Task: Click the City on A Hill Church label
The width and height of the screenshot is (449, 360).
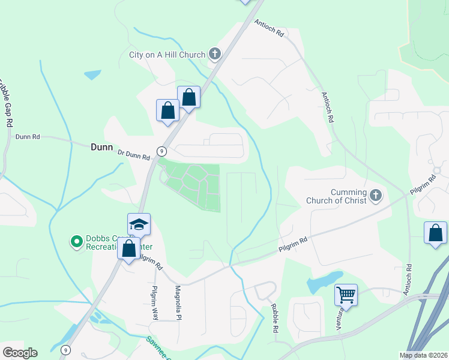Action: [x=167, y=55]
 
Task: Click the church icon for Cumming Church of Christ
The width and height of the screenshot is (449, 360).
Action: [x=376, y=195]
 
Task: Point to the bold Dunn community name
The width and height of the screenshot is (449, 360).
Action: [x=101, y=146]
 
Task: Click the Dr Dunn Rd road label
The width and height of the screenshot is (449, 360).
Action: [x=134, y=155]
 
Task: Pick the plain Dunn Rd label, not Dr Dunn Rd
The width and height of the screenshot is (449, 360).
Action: [x=28, y=137]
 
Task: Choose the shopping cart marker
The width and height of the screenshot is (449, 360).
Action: [x=346, y=295]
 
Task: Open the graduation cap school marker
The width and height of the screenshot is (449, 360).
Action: [x=139, y=224]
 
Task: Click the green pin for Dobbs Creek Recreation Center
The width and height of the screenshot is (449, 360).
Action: [x=77, y=242]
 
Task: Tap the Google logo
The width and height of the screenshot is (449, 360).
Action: [x=20, y=353]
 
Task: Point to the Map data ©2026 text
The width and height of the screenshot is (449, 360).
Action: [x=423, y=355]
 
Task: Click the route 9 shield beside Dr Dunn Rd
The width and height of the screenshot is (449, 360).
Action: [x=161, y=151]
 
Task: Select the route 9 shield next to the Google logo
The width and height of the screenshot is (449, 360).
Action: [x=65, y=349]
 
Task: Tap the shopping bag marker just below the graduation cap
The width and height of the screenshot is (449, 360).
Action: [x=129, y=248]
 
